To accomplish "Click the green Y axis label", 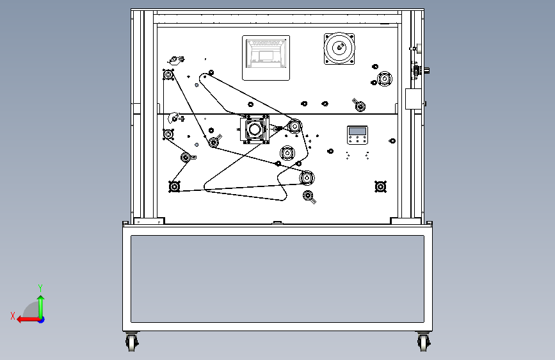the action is click(40, 288).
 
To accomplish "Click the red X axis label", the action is click(13, 316).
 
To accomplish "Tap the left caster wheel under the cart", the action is click(132, 342).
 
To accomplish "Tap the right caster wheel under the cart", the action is click(423, 342).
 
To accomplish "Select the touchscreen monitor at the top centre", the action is click(266, 58).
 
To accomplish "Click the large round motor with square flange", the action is click(339, 48).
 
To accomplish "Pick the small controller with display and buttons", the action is click(357, 135).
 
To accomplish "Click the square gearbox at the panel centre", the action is click(255, 129).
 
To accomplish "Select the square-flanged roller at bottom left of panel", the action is click(174, 186).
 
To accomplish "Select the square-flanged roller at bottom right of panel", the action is click(380, 186).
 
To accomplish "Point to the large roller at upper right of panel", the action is click(384, 79).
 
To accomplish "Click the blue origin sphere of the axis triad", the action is click(42, 320).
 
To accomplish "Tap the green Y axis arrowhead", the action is click(41, 299).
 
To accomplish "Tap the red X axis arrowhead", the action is click(20, 320).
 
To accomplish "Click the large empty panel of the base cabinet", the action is click(278, 279).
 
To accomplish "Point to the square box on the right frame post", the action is click(413, 99).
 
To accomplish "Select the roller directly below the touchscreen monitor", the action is click(250, 104).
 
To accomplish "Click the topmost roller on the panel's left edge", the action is click(168, 75).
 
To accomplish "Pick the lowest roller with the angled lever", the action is click(309, 196).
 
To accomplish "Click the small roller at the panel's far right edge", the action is click(392, 141).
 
